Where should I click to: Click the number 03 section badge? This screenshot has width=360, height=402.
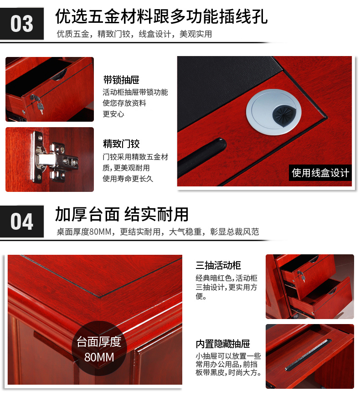coord(22,24)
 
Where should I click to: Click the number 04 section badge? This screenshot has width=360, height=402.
coord(22,222)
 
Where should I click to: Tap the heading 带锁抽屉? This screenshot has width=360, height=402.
coord(121,80)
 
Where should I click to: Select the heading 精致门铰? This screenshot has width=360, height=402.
coord(121,144)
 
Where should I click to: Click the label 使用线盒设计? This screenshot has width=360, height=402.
coord(320,173)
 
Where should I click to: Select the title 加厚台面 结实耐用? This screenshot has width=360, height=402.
coord(122,214)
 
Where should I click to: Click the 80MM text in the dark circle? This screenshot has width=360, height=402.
coord(99,357)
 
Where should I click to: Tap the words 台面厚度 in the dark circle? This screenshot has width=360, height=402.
coord(99,342)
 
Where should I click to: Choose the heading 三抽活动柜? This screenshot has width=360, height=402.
coord(218,265)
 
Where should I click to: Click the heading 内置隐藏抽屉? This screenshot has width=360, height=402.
coord(223,344)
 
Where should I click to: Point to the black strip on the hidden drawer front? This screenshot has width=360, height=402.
coord(308,355)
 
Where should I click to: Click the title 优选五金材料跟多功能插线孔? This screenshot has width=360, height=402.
coord(161,16)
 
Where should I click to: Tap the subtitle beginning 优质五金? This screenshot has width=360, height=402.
coord(134,34)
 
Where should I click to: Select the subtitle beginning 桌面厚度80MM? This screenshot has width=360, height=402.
coord(158,232)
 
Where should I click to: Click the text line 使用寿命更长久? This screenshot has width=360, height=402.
coord(128,179)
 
